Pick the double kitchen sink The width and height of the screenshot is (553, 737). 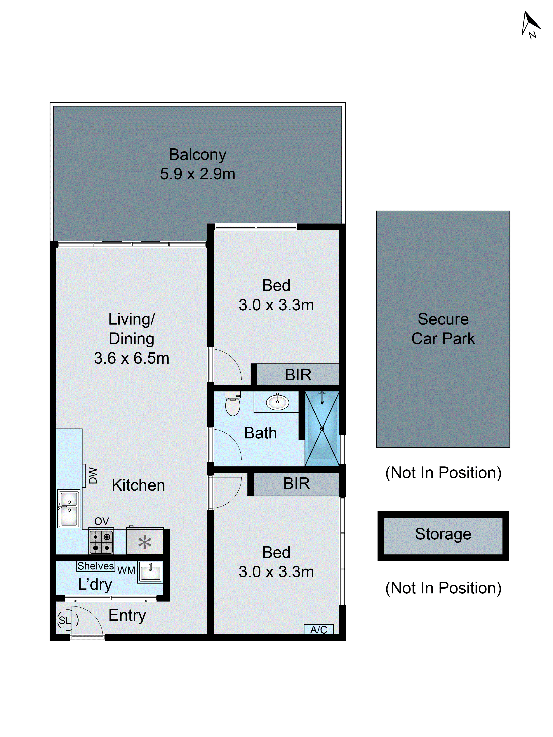pos(69,508)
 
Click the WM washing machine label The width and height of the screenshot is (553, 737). pos(126,570)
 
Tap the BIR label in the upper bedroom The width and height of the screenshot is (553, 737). pos(298,375)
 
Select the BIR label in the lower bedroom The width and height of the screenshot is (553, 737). pos(296,483)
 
